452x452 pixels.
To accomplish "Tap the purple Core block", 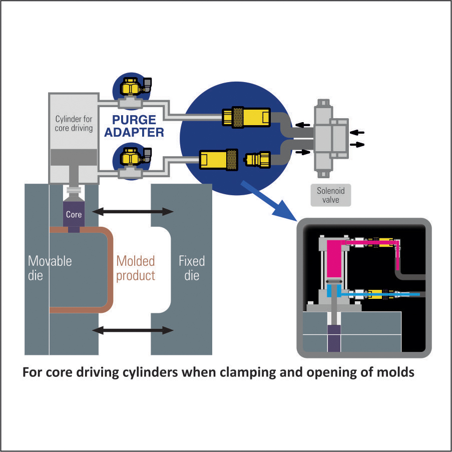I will pyautogui.click(x=73, y=214).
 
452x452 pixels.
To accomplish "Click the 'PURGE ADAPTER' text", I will pyautogui.click(x=134, y=126).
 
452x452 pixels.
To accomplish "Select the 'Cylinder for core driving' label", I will pyautogui.click(x=74, y=124).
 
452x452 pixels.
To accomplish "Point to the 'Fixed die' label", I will pyautogui.click(x=191, y=268).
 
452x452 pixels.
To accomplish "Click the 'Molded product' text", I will pyautogui.click(x=136, y=268).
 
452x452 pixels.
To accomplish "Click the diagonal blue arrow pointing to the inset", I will pyautogui.click(x=265, y=200).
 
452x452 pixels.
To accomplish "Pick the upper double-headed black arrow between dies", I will pyautogui.click(x=133, y=212).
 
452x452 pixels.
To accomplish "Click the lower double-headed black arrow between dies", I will pyautogui.click(x=133, y=330).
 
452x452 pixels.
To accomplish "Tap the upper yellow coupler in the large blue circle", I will pyautogui.click(x=245, y=118).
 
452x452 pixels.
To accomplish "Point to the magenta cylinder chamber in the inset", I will pyautogui.click(x=334, y=260).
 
